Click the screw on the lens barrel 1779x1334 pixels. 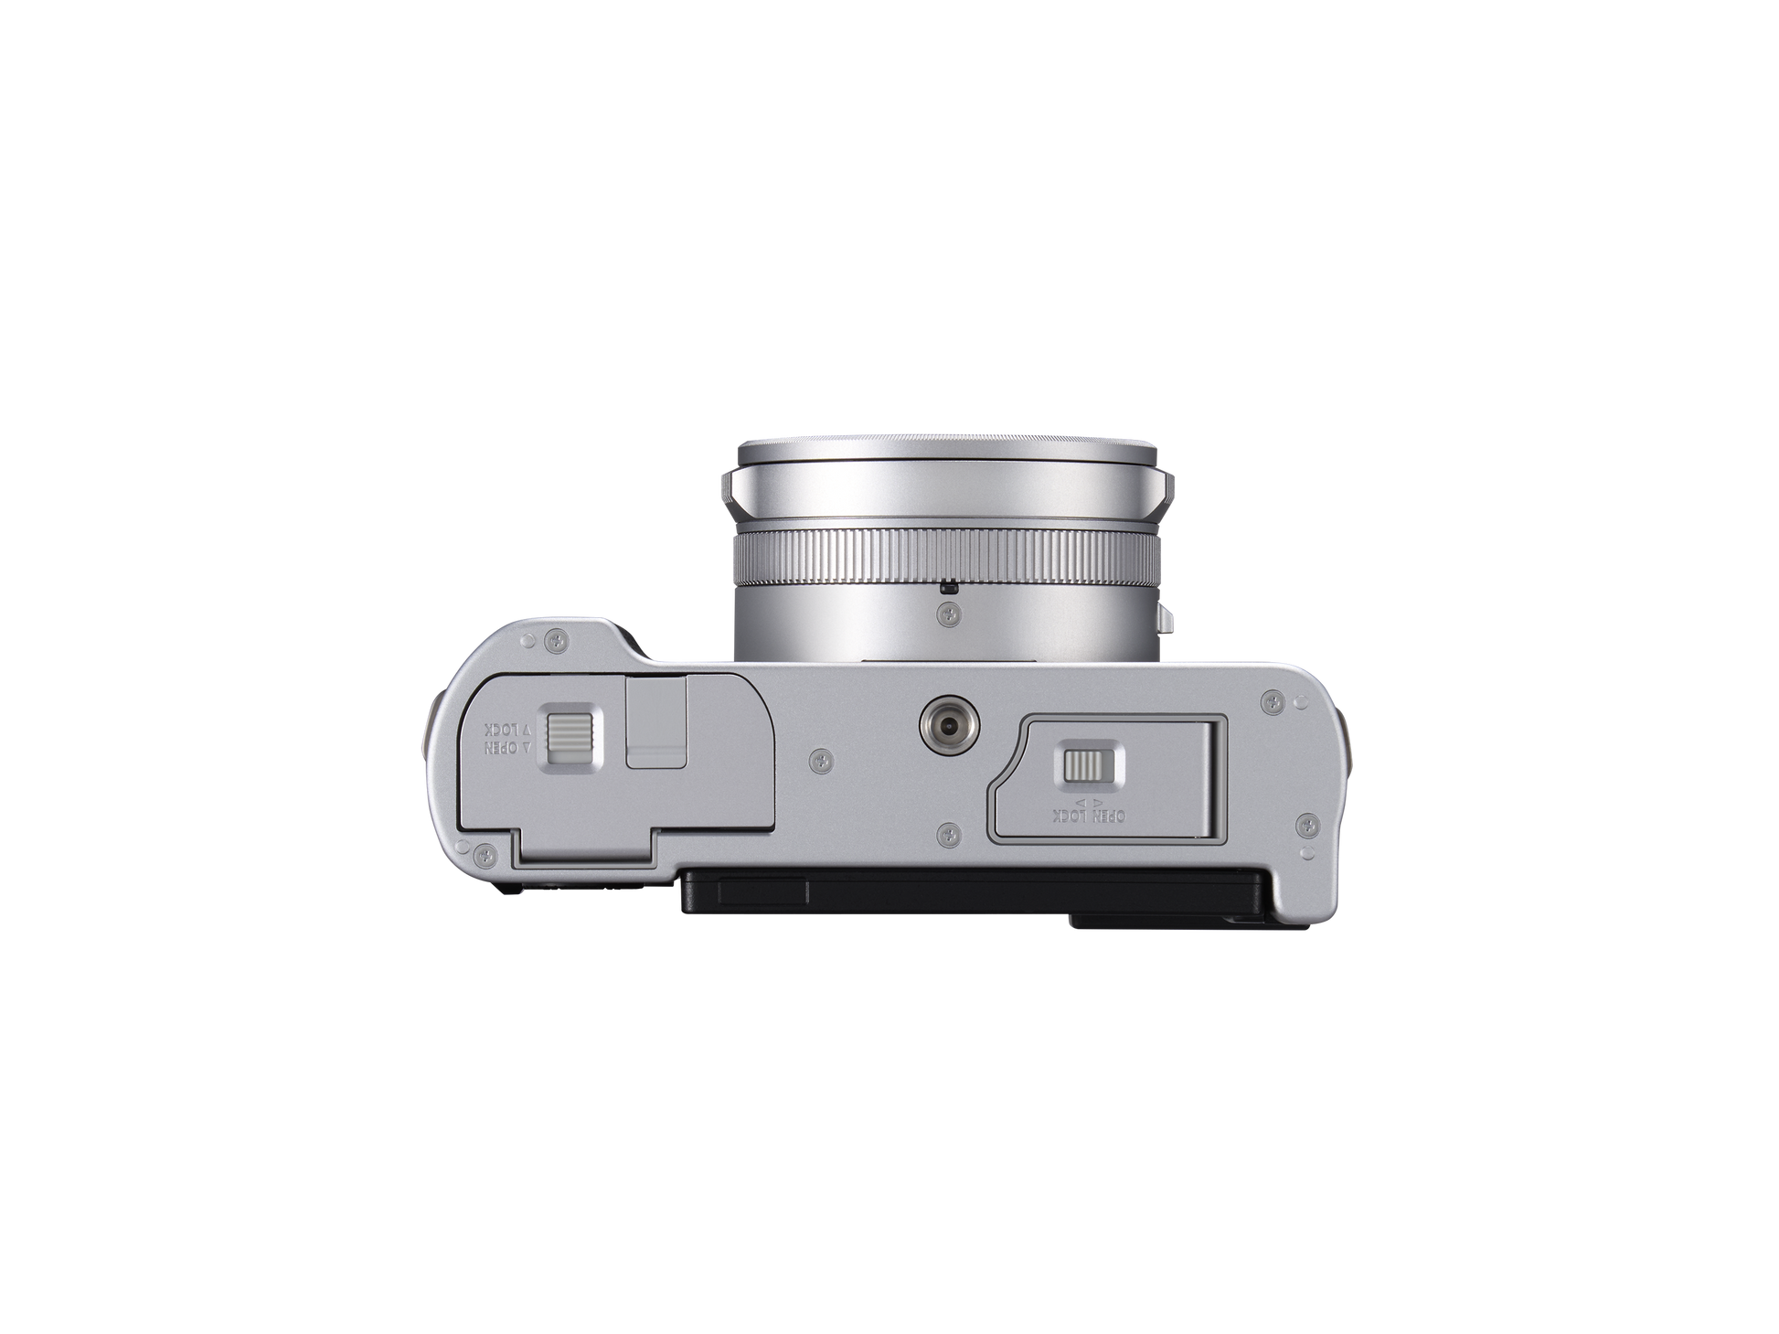[948, 618]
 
